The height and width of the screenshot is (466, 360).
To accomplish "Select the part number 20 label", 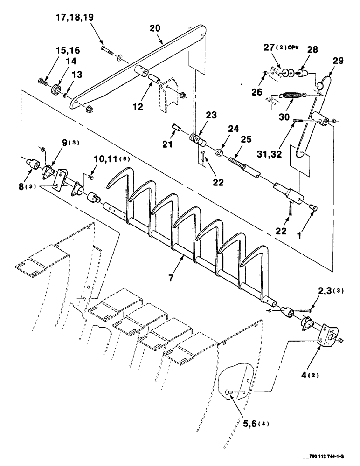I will click(x=155, y=28).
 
